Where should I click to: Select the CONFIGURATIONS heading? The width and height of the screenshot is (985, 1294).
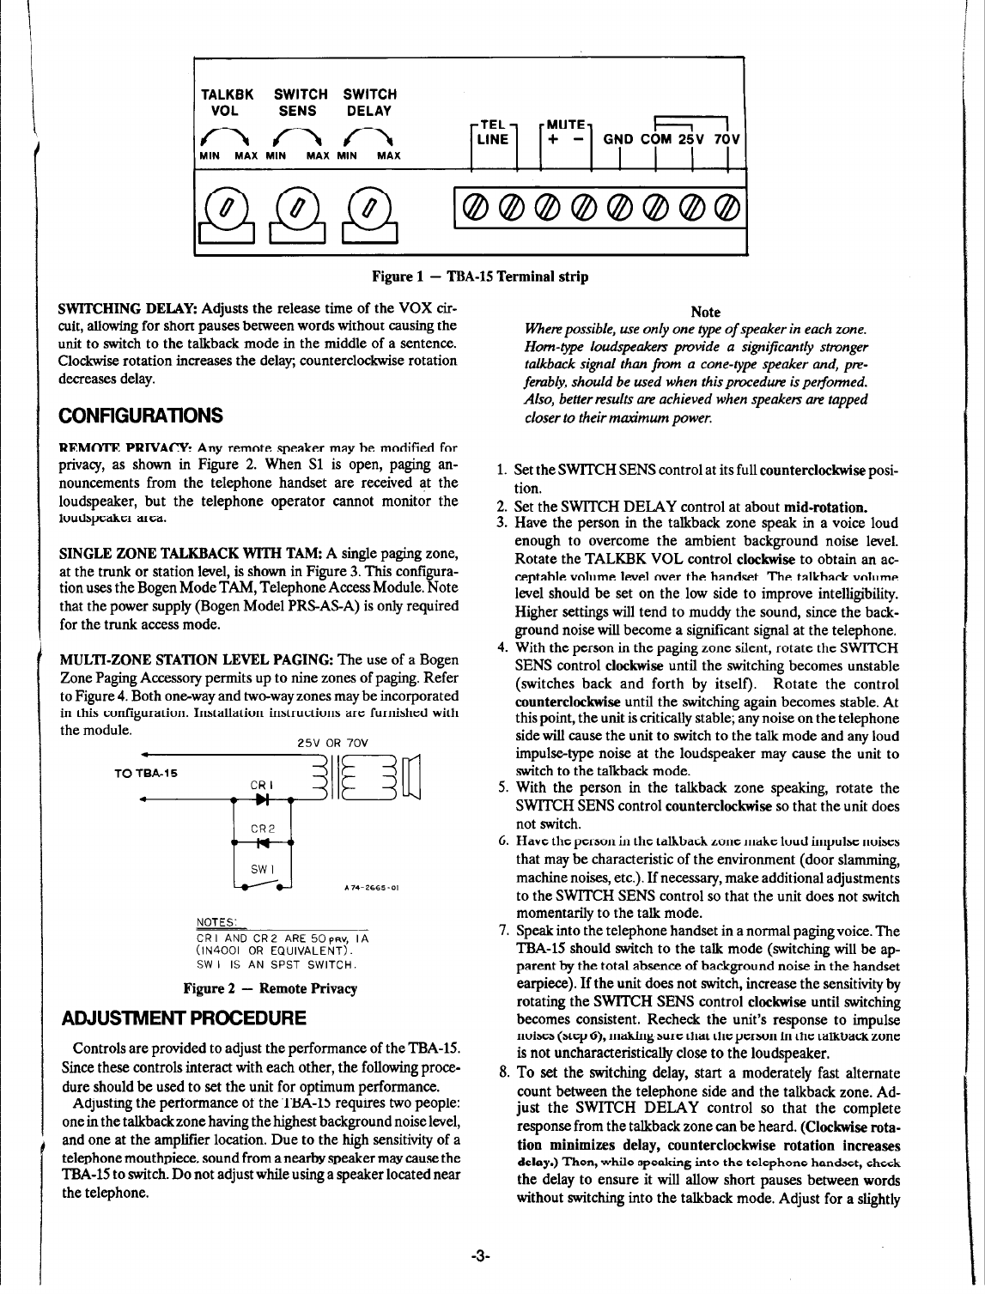click(142, 416)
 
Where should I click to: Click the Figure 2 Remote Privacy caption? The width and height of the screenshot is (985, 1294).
click(271, 988)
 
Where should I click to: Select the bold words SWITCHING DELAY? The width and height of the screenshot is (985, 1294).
click(128, 308)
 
